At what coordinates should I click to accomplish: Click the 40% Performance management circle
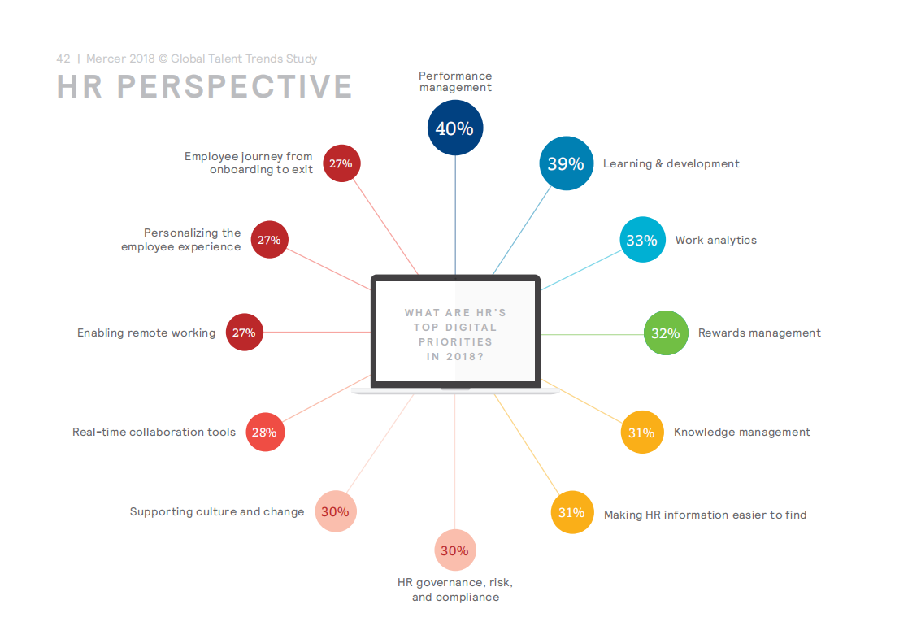pos(455,128)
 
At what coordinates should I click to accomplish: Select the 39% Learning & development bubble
pos(567,163)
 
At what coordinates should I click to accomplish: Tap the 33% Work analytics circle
pos(643,240)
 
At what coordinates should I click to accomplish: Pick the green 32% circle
pos(666,333)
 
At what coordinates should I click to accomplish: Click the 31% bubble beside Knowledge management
pos(642,433)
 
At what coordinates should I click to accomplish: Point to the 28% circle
pos(265,433)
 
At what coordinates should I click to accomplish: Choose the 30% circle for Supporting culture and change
pos(336,511)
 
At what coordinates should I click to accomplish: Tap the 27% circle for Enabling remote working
pos(245,333)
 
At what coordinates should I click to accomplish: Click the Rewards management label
pos(759,333)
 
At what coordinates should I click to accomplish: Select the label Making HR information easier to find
pos(706,515)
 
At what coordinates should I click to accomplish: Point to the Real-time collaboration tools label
pos(154,433)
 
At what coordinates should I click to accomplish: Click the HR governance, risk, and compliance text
pos(456,589)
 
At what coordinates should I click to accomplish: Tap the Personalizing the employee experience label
pos(181,240)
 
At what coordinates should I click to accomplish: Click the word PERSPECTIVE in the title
pos(235,87)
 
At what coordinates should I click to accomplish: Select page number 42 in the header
pos(63,59)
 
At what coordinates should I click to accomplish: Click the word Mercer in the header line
pos(106,59)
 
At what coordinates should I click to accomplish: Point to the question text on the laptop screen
pos(456,335)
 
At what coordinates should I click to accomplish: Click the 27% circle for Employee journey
pos(341,163)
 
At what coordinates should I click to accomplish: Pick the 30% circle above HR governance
pos(455,550)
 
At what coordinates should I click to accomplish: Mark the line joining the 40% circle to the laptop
pos(455,215)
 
